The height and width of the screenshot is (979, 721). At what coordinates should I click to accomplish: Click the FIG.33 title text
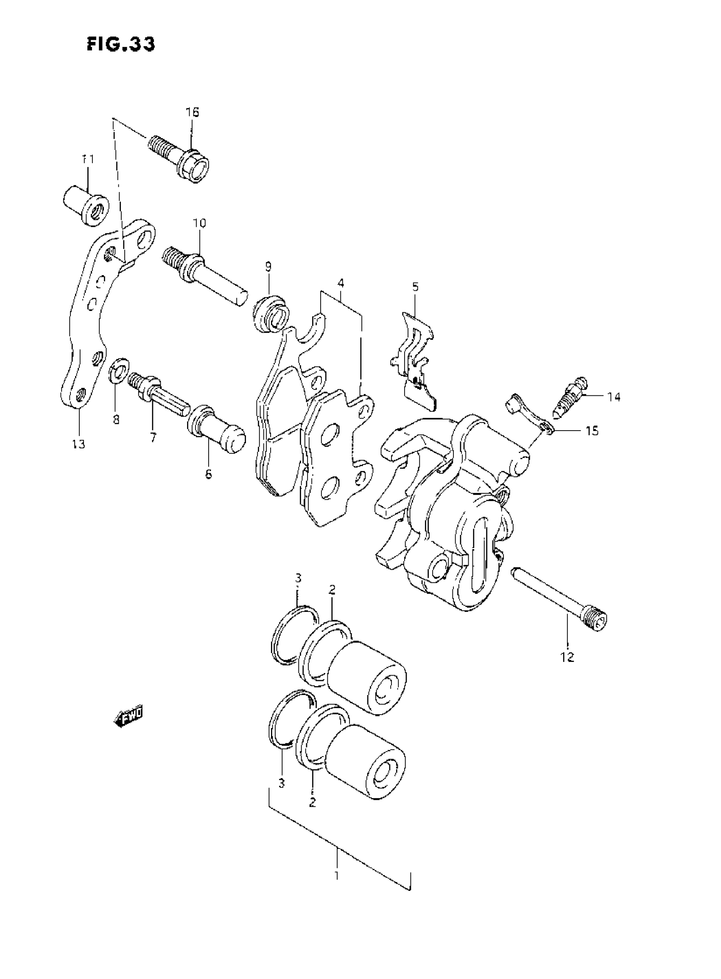120,44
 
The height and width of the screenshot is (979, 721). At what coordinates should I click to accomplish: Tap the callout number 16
192,112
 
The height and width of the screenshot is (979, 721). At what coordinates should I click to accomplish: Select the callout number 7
153,437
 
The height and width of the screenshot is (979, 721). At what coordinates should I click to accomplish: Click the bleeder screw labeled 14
572,397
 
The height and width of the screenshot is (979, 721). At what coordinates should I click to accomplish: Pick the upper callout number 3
298,578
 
